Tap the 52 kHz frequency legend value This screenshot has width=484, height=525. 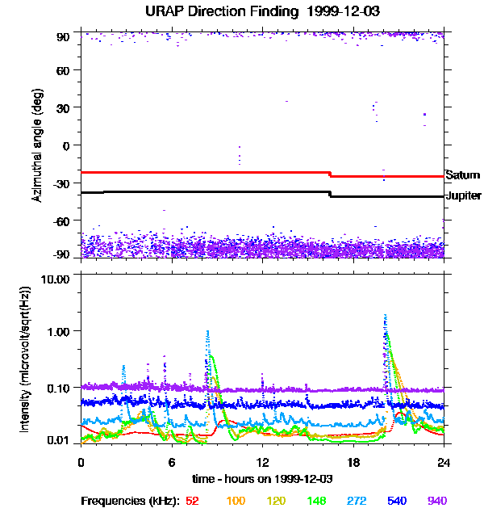(x=192, y=501)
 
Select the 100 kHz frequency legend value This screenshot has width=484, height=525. (x=236, y=501)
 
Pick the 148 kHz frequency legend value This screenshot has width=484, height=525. (x=316, y=501)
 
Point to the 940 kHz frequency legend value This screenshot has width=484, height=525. (x=437, y=501)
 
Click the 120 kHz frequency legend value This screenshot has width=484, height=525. (x=276, y=501)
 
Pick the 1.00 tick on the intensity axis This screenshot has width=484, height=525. (x=62, y=332)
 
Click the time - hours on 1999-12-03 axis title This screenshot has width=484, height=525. (x=263, y=478)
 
